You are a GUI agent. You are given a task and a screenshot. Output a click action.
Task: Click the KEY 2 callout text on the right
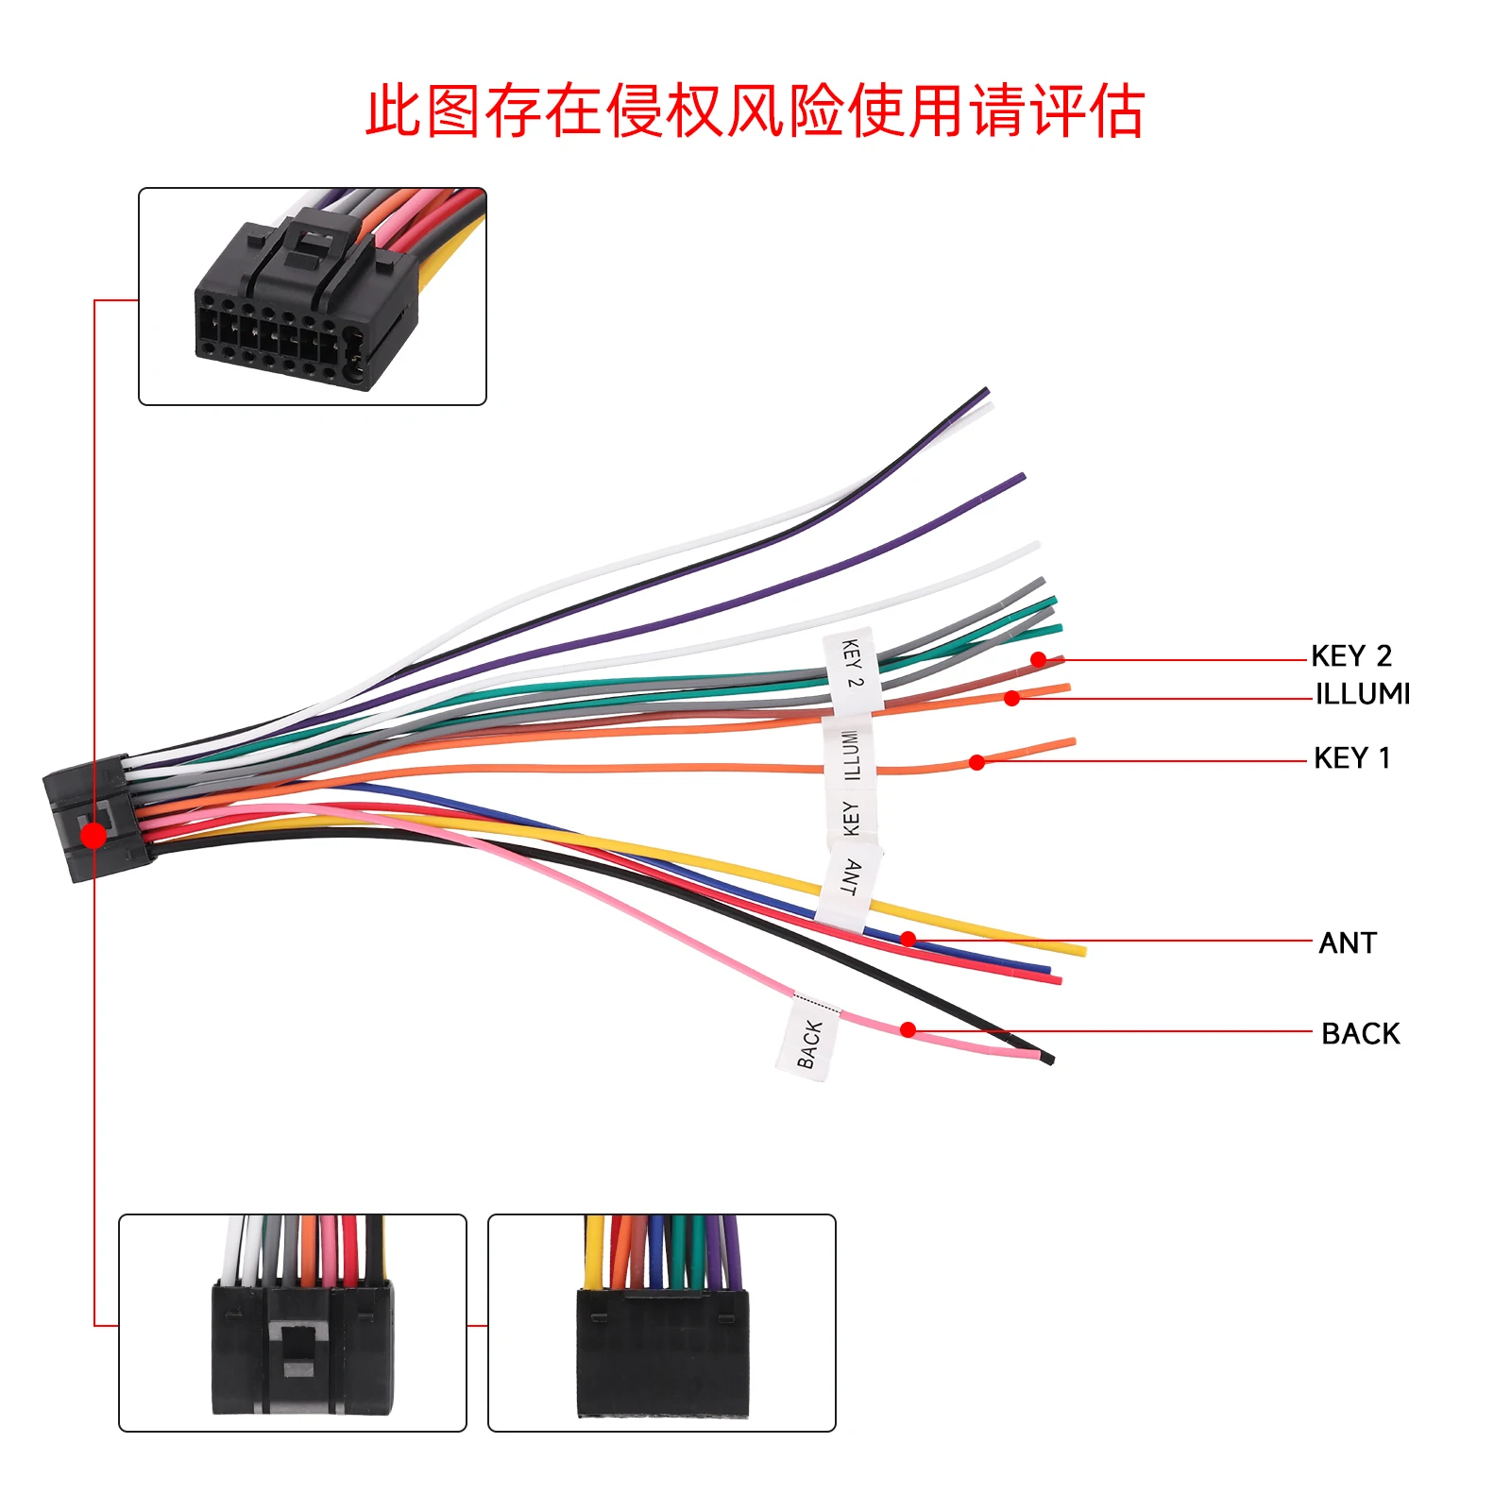click(1350, 655)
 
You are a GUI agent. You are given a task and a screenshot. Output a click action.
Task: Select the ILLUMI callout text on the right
click(1363, 694)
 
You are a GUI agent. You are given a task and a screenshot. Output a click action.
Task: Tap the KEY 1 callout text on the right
click(1351, 757)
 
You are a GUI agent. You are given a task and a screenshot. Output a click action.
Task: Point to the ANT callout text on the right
click(1348, 942)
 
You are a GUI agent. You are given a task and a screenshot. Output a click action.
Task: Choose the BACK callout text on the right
click(1360, 1033)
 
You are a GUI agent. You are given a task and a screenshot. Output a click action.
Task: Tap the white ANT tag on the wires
click(849, 881)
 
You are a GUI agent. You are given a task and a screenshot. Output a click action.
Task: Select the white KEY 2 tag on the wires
click(852, 668)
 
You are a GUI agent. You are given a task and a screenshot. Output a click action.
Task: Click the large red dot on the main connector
click(93, 835)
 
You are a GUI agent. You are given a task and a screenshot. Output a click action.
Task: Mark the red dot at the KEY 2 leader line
click(1039, 659)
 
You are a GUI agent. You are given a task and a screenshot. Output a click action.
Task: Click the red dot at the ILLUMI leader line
click(1011, 698)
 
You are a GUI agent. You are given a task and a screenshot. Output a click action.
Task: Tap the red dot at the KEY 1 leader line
click(977, 762)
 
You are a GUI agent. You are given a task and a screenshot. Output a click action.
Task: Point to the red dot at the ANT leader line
click(908, 939)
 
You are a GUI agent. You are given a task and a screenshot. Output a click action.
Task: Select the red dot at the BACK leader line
click(908, 1029)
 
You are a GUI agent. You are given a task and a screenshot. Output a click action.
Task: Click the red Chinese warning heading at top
click(755, 111)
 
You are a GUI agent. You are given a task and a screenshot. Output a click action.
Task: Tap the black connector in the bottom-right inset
click(662, 1352)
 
